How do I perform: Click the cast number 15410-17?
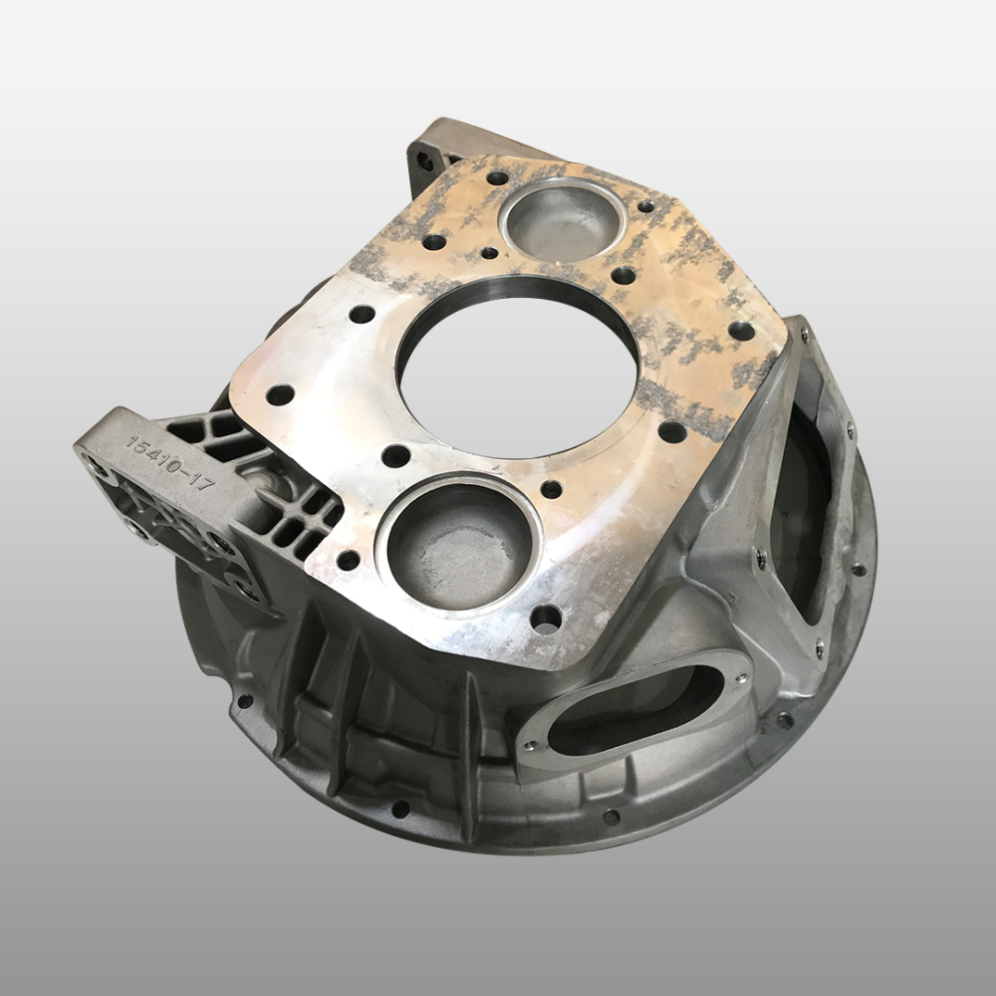coord(169,462)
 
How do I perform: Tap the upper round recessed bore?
coord(563,220)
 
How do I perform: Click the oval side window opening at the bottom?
coord(635,710)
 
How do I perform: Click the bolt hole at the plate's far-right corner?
coord(741,331)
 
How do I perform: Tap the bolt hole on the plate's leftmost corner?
coord(280,394)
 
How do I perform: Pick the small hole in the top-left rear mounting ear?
coord(423,161)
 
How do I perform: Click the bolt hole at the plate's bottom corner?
coord(546,619)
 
